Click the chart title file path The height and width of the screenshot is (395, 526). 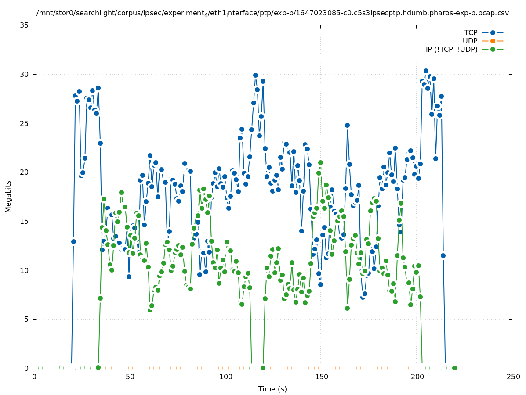tap(272, 13)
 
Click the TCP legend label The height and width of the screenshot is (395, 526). tap(471, 32)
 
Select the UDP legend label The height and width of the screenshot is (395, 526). tap(470, 41)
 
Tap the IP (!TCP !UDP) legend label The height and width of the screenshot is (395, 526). tap(451, 49)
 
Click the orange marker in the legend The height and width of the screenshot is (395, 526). tap(493, 41)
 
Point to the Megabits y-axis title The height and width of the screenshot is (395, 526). tap(8, 196)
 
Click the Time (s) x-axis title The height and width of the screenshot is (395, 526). tap(272, 389)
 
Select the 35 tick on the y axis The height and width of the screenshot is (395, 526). tap(25, 25)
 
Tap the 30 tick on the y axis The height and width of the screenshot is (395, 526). tap(25, 74)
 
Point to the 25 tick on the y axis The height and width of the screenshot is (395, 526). tap(25, 123)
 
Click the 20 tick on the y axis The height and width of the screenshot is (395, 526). tap(25, 172)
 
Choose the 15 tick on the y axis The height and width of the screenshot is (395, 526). tap(25, 221)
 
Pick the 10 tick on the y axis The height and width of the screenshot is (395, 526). tap(25, 270)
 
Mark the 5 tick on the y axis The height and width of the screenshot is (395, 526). tap(27, 319)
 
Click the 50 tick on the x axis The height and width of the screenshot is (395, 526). tap(129, 377)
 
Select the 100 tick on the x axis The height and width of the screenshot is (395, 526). tap(225, 377)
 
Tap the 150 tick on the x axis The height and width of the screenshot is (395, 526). tap(321, 377)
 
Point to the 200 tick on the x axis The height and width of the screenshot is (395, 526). tap(417, 377)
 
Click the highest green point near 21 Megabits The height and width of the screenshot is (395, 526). tap(320, 163)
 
